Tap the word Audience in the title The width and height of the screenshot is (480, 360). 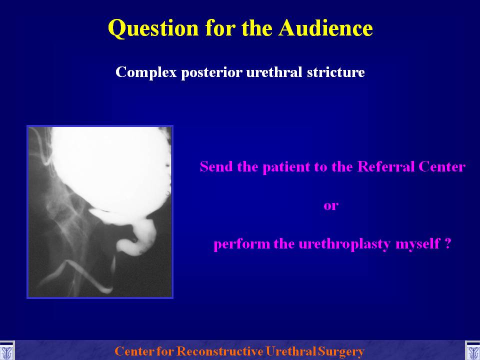tap(325, 28)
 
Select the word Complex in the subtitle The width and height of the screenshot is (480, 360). tap(146, 72)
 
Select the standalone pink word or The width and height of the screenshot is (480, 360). tap(331, 205)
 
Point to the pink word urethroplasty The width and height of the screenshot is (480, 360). tap(344, 244)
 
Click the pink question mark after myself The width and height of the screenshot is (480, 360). tap(447, 243)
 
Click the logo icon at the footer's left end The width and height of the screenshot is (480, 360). tap(6, 351)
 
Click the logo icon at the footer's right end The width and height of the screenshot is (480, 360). tap(473, 351)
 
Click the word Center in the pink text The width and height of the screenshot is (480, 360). tap(442, 167)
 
